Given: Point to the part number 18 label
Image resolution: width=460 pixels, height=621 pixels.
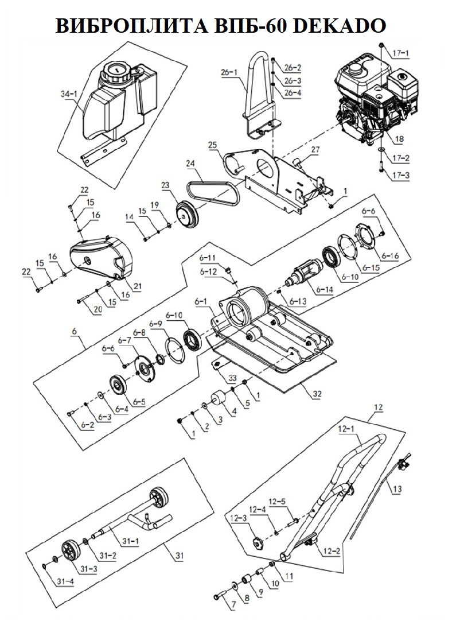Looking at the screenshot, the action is pyautogui.click(x=399, y=139).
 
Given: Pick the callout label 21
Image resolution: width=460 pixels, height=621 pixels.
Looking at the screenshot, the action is pyautogui.click(x=137, y=286).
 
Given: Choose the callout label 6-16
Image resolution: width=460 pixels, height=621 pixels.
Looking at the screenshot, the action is pyautogui.click(x=391, y=256).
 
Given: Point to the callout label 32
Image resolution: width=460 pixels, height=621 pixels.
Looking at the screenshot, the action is pyautogui.click(x=317, y=394).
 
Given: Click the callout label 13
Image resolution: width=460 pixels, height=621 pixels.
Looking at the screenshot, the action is pyautogui.click(x=397, y=490).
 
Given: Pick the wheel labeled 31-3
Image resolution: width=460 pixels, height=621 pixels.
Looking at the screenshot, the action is pyautogui.click(x=71, y=549).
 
